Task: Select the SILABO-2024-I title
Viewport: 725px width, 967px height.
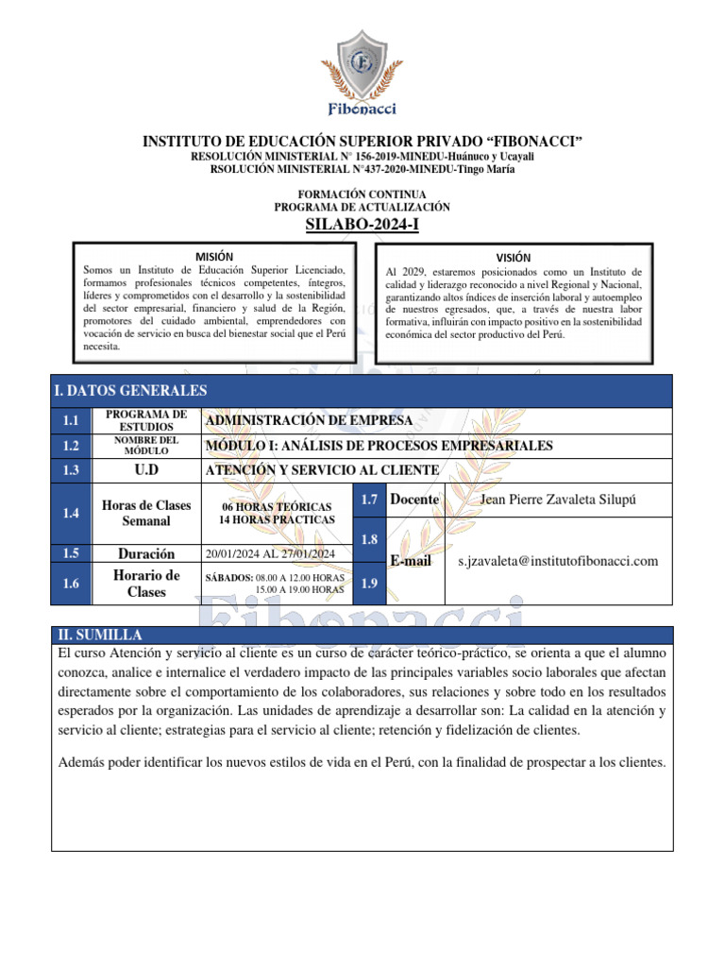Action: pos(362,224)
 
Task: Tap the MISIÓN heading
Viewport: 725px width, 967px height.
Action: pos(214,257)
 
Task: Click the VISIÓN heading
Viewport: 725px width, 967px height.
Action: pos(514,258)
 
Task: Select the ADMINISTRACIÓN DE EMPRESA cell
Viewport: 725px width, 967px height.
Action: pos(309,420)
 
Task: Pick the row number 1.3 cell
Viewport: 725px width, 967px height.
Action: pos(70,470)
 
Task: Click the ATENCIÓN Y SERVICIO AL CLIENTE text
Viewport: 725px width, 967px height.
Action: pos(322,470)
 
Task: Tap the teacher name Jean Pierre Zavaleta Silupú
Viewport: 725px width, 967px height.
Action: pos(558,500)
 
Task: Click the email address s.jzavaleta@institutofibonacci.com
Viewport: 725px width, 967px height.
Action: pos(558,561)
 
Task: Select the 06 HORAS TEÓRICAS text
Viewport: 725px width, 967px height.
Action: pos(277,507)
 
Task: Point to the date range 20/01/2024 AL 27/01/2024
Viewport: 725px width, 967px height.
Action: pos(270,554)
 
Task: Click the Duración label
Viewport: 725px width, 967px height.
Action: pos(146,554)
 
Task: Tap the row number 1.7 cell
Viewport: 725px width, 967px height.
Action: pos(368,500)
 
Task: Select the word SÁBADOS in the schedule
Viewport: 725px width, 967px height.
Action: pos(228,577)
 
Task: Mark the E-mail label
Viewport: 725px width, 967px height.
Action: pos(411,561)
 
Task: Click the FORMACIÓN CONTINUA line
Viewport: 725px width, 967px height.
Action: pos(362,194)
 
